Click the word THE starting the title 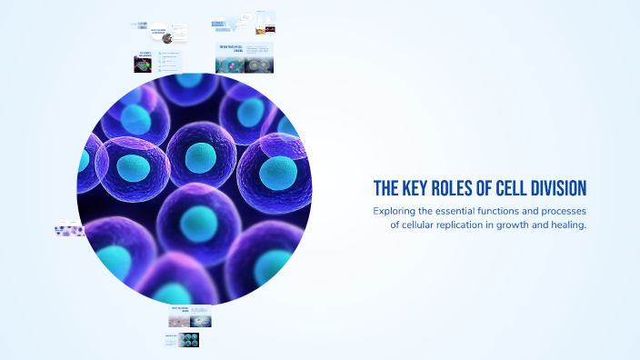(x=386, y=188)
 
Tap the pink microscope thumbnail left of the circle (x=70, y=231)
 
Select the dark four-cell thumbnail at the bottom (x=189, y=340)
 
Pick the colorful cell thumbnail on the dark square (x=143, y=65)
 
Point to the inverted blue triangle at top (x=247, y=20)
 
